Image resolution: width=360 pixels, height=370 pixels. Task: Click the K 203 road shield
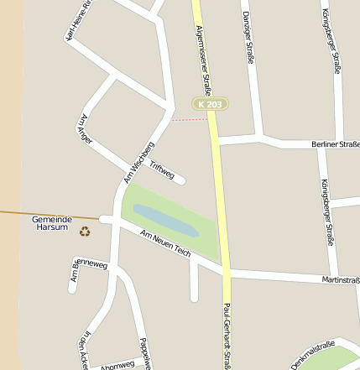pyautogui.click(x=210, y=104)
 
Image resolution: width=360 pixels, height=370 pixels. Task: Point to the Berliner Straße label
pyautogui.click(x=335, y=145)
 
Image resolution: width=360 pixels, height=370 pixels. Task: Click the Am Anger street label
pyautogui.click(x=85, y=128)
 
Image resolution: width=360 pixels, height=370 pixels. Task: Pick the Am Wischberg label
pyautogui.click(x=138, y=163)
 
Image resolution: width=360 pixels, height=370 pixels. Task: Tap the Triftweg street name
pyautogui.click(x=161, y=170)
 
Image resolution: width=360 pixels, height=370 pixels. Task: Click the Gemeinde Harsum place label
pyautogui.click(x=52, y=222)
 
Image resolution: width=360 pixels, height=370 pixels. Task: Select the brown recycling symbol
pyautogui.click(x=85, y=231)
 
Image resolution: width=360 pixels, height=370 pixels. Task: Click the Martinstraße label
pyautogui.click(x=340, y=280)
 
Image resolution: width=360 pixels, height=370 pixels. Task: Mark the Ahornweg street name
pyautogui.click(x=117, y=366)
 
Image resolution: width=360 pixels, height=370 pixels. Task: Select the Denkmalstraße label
pyautogui.click(x=312, y=355)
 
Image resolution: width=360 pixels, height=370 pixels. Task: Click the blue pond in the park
pyautogui.click(x=165, y=220)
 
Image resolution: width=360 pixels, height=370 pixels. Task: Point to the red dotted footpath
pyautogui.click(x=190, y=119)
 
